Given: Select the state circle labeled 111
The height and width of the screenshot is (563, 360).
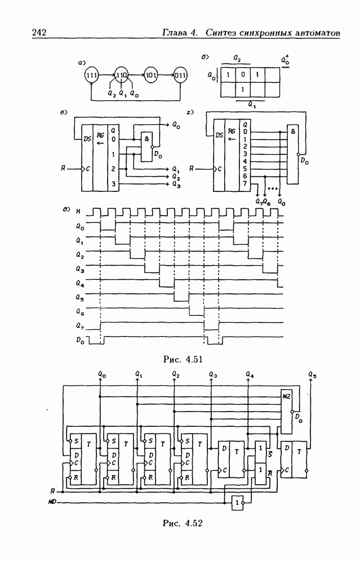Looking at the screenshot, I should point(91,74).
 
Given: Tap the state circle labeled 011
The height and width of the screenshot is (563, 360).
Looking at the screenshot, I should point(181,74).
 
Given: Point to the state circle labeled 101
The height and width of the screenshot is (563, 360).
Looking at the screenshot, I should point(150,74).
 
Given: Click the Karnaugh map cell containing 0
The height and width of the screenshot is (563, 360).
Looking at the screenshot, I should point(242,74).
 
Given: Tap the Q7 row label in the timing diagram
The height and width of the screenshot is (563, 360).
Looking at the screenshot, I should point(81,325).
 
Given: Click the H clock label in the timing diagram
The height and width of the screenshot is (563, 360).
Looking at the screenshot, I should point(78,213).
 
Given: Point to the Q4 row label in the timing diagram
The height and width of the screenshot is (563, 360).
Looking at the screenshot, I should point(81,281).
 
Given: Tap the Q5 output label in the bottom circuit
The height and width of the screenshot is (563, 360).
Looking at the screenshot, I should point(313,373).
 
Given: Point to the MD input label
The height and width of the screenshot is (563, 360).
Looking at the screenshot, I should point(51,500).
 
